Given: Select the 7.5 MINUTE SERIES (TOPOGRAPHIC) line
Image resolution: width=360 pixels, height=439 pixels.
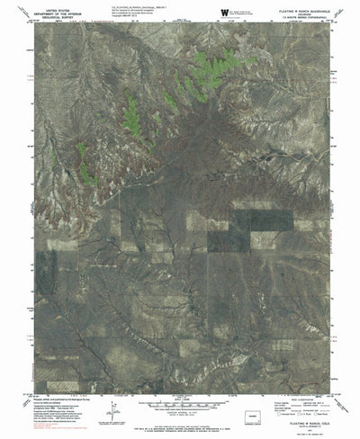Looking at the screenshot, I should click(303, 19).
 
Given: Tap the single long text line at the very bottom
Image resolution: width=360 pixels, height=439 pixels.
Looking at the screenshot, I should click(180, 434).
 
